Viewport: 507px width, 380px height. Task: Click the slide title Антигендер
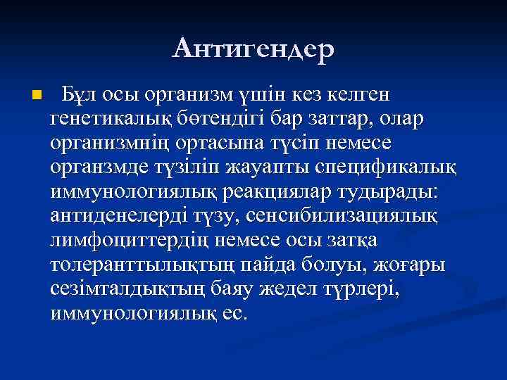(254, 49)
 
